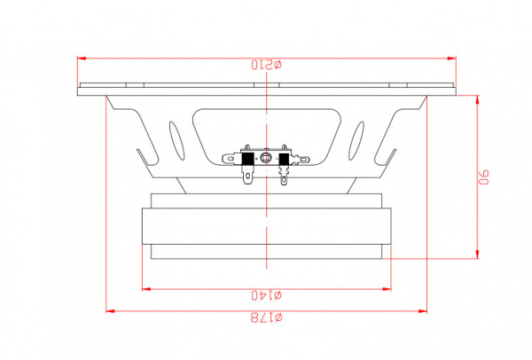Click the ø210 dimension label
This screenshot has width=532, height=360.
(267, 65)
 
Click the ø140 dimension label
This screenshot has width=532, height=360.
(267, 295)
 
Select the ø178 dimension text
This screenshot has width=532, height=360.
(267, 317)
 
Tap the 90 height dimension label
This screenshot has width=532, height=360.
(484, 177)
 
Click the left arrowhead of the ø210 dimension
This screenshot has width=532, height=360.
(82, 59)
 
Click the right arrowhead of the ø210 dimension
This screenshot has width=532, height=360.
(452, 59)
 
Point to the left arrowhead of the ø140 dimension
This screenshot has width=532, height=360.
(146, 289)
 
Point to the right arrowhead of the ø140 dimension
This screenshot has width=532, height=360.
(387, 289)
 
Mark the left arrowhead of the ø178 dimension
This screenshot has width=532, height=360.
(110, 311)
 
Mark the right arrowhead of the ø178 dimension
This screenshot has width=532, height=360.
(422, 311)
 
